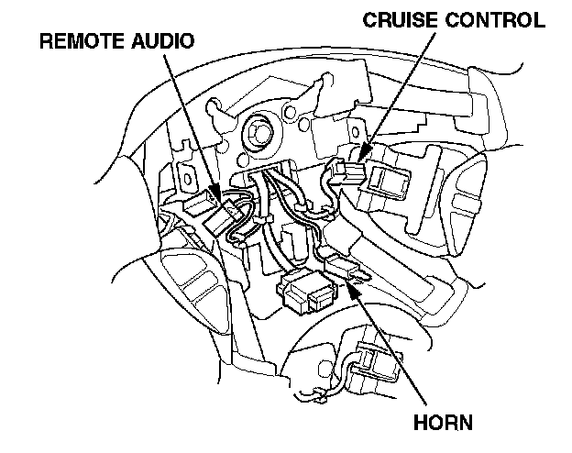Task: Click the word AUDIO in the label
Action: pyautogui.click(x=166, y=41)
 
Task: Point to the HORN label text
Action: pyautogui.click(x=442, y=424)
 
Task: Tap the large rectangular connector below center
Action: pyautogui.click(x=311, y=292)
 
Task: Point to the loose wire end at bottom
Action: pyautogui.click(x=316, y=399)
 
